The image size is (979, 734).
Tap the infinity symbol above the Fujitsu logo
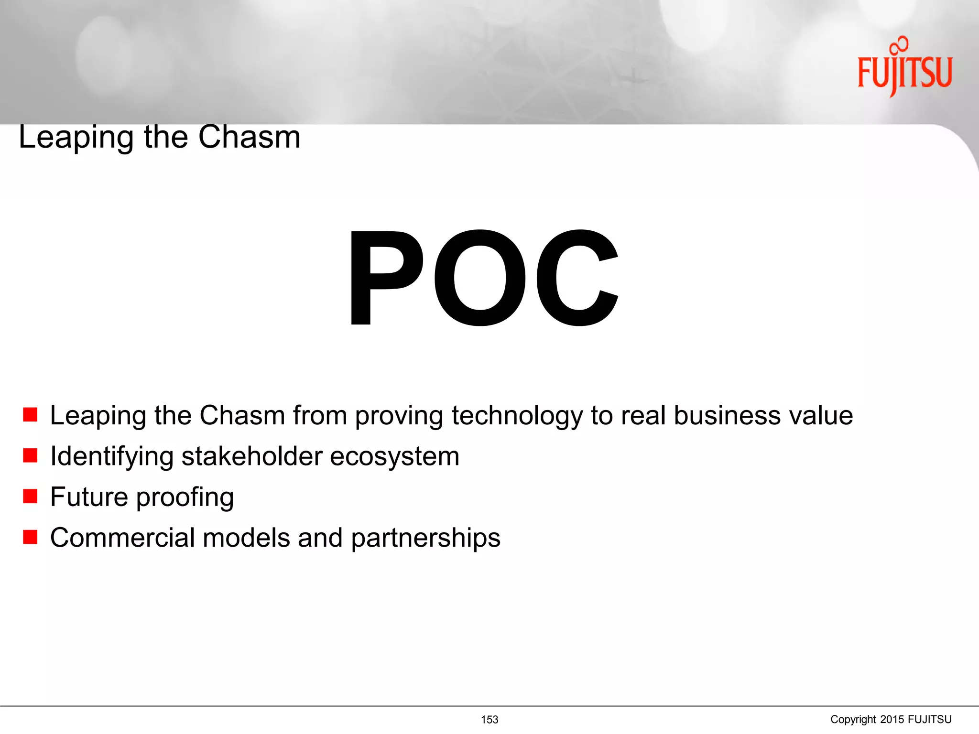(899, 44)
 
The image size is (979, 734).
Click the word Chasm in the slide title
(249, 137)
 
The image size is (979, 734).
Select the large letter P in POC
(385, 278)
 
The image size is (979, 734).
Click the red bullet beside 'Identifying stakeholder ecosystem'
(30, 455)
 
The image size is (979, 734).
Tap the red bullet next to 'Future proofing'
(30, 497)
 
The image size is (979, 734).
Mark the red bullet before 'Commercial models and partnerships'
(30, 537)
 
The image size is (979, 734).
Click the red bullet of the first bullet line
(30, 415)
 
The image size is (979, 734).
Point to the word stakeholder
(252, 456)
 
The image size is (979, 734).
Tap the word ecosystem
(394, 457)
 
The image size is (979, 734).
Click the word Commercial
(122, 538)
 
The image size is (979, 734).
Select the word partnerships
(425, 539)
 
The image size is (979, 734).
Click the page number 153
(489, 720)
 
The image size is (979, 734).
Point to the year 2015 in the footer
(892, 720)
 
